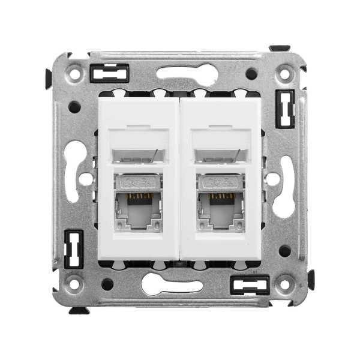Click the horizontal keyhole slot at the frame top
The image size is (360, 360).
187,73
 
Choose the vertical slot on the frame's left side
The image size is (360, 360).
72,170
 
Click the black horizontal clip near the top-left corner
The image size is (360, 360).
109,73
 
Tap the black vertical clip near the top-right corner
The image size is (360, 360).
284,109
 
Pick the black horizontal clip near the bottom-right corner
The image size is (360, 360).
250,284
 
